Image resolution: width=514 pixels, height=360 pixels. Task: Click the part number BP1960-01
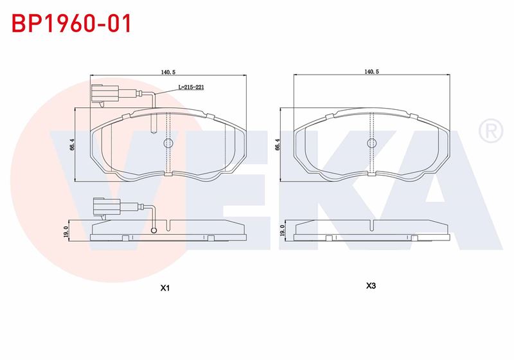[72, 23]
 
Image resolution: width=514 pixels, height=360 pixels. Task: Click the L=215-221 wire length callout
[191, 87]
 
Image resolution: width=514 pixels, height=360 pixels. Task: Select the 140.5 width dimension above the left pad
[169, 72]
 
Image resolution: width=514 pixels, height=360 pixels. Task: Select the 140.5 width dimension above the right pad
[372, 72]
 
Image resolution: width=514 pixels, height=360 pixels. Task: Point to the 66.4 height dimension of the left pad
[73, 145]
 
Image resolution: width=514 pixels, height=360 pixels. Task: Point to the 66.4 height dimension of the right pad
[278, 145]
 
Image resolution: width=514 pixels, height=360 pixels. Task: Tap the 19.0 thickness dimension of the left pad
[66, 231]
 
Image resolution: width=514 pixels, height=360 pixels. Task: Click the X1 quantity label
[165, 288]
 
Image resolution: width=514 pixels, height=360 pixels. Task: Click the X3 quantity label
[371, 286]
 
